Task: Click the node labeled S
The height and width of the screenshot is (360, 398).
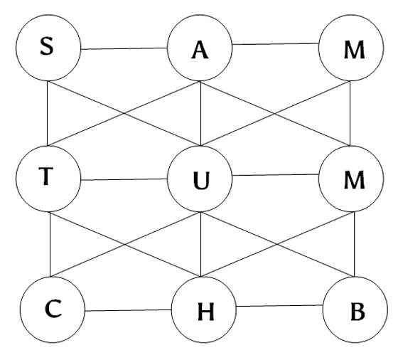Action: [48, 48]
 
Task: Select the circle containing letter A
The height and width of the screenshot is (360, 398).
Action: [200, 48]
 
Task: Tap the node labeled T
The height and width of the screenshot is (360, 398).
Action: [48, 179]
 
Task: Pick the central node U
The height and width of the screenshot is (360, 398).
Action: [200, 179]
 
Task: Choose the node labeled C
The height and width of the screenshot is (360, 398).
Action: [53, 309]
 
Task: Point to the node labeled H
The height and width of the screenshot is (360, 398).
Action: [204, 309]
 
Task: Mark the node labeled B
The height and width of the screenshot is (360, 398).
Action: [355, 309]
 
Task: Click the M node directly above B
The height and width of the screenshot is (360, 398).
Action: [351, 179]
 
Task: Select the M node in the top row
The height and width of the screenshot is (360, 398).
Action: [351, 48]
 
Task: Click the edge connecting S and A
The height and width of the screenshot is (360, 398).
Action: [124, 48]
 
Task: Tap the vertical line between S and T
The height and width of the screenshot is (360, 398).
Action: [48, 113]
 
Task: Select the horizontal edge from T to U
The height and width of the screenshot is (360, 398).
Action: [124, 179]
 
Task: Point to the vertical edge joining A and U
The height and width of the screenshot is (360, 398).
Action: [200, 113]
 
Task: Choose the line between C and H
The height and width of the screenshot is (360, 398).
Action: [128, 310]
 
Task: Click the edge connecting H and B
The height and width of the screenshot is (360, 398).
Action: [280, 306]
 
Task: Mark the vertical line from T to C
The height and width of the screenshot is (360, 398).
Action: [50, 244]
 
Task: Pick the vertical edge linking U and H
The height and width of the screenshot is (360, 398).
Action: [200, 244]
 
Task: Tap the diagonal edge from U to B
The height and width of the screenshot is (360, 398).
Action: [277, 244]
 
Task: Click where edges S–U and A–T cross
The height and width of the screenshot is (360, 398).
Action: [124, 113]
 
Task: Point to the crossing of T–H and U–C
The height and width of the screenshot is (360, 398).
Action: [125, 245]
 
